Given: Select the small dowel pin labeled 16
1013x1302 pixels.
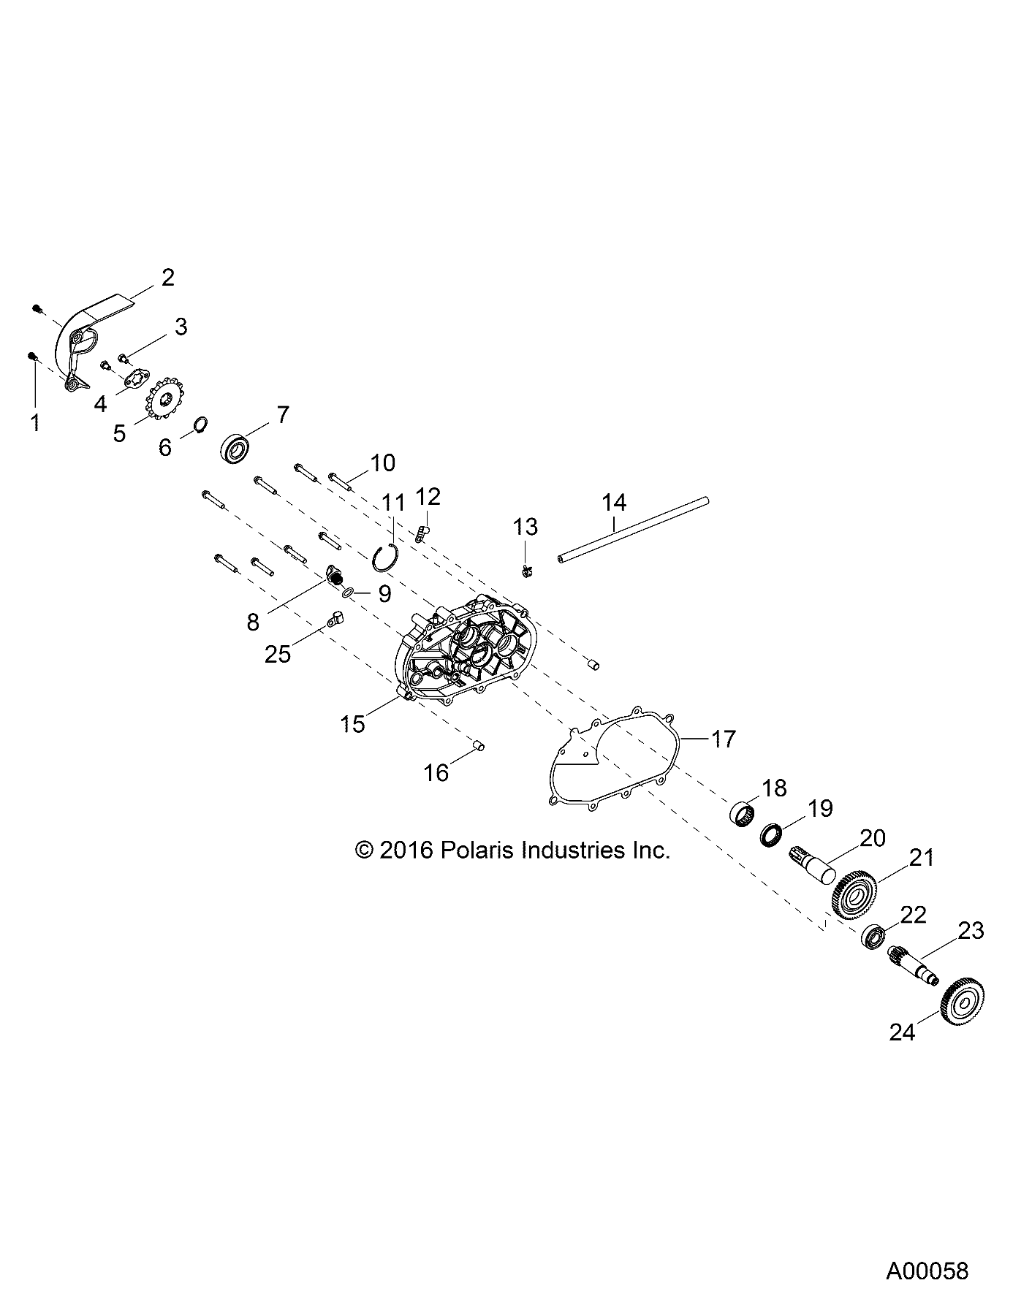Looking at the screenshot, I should pos(479,745).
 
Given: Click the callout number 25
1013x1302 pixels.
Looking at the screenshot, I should pos(278,653).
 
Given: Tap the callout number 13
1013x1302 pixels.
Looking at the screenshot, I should pos(526,526).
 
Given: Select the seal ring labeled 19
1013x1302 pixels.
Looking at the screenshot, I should pos(773,834).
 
